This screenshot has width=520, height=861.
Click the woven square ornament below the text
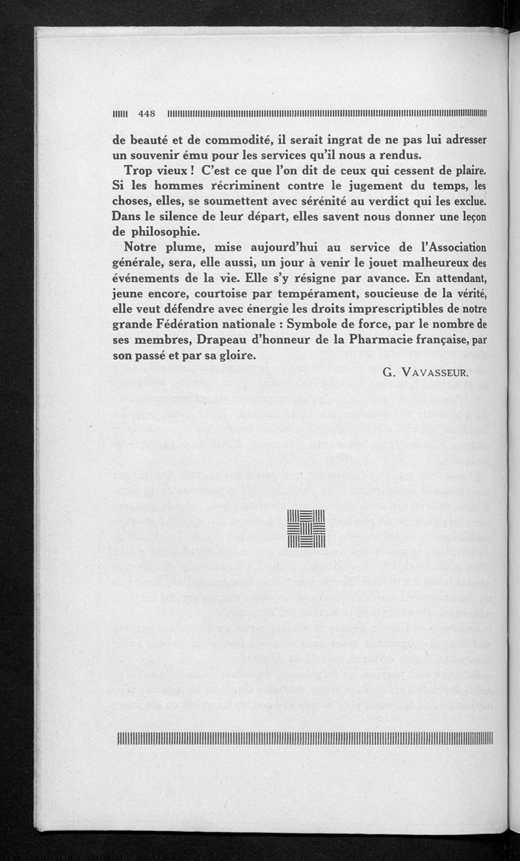pos(305,530)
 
